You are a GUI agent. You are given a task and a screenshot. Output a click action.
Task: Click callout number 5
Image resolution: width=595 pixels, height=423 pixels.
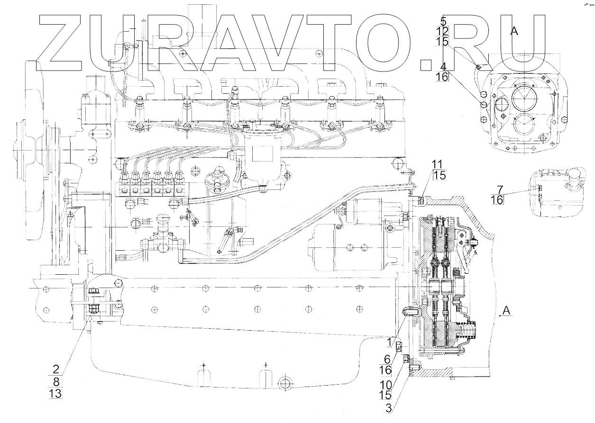[x=443, y=21]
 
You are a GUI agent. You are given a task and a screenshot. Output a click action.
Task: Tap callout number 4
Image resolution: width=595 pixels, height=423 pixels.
[x=443, y=66]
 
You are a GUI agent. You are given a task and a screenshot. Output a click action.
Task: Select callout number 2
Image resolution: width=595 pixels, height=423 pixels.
[x=55, y=369]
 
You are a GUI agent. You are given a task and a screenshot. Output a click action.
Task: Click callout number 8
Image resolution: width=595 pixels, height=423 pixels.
[x=55, y=381]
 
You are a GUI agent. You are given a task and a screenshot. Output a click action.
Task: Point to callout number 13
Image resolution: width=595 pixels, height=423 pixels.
[x=55, y=393]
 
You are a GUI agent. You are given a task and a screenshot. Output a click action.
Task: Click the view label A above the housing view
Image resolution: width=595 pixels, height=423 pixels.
[x=513, y=31]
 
